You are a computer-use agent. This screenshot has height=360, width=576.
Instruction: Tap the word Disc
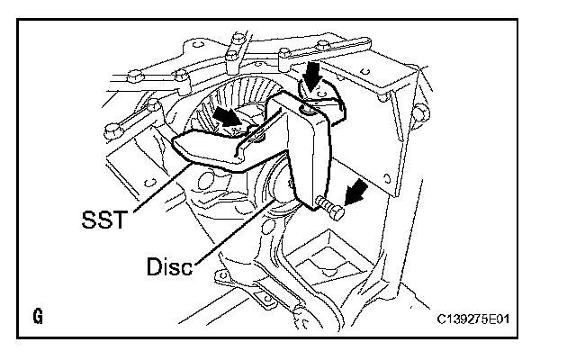(x=167, y=267)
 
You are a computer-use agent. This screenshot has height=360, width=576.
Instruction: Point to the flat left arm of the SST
(x=211, y=144)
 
